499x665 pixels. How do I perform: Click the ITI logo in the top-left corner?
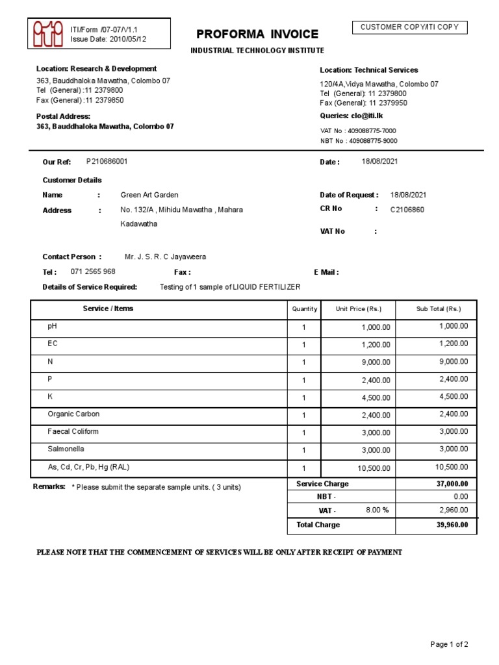point(48,33)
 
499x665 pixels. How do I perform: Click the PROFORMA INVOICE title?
point(258,34)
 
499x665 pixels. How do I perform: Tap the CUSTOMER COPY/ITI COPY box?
point(409,27)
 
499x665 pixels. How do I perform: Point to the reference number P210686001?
point(107,161)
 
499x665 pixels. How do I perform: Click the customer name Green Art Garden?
point(149,195)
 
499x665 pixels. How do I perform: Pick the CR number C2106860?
point(407,210)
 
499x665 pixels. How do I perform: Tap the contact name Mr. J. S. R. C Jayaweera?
point(165,257)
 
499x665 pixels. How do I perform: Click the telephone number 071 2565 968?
point(93,271)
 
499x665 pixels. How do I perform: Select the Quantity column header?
point(305,309)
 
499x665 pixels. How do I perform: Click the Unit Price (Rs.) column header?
point(358,309)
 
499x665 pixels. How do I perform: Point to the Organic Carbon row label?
point(73,414)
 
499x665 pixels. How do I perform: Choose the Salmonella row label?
point(66,449)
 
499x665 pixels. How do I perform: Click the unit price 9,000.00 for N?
point(376,362)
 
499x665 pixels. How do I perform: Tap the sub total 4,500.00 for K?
point(454,396)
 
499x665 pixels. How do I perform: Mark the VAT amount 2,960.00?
point(454,510)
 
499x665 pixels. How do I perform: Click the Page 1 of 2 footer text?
point(449,644)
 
